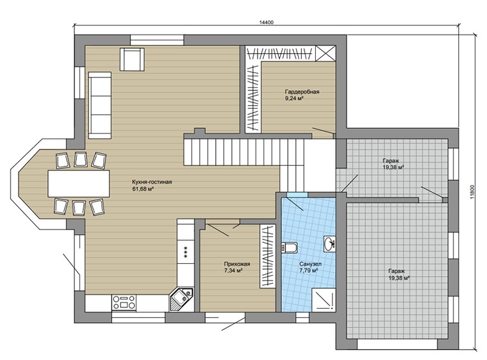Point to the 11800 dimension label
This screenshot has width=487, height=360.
[x=472, y=192]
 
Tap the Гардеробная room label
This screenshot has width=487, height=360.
[x=302, y=92]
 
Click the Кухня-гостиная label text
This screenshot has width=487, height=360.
[x=152, y=182]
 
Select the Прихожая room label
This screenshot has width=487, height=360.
[x=237, y=264]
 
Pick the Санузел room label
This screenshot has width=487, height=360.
[x=311, y=264]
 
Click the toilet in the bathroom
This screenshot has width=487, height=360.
[x=289, y=247]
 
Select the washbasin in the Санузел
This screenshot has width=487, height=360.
[x=329, y=243]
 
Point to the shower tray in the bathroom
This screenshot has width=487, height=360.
[x=324, y=299]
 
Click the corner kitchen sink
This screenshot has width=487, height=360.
[x=181, y=299]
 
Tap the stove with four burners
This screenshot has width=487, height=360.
[x=124, y=302]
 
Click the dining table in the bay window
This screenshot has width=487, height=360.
[x=79, y=183]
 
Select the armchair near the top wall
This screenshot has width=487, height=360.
[x=132, y=60]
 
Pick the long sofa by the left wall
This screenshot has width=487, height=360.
[x=100, y=105]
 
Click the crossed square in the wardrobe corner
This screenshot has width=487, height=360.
[x=326, y=53]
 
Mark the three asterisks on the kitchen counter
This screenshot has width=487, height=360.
[x=185, y=249]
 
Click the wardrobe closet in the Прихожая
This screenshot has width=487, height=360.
[x=268, y=256]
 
